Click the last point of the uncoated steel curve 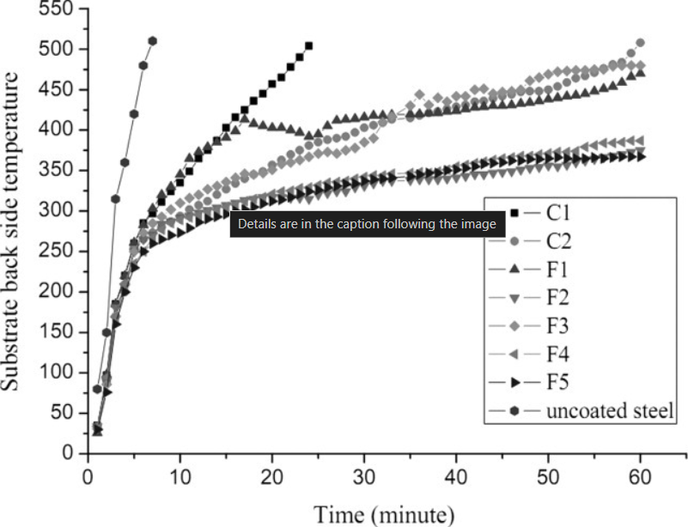(153, 41)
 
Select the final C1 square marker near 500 (308, 46)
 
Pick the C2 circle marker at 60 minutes (640, 43)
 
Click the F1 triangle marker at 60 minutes (640, 73)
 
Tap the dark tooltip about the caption (367, 225)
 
